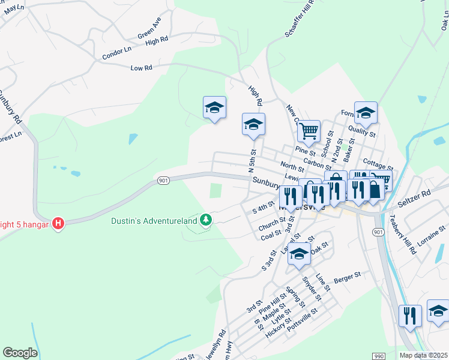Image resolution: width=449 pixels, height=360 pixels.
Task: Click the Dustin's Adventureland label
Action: tap(154, 221)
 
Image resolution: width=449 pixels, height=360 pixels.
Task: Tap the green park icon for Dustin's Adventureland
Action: tap(206, 221)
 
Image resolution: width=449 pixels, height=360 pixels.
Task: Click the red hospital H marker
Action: tap(58, 224)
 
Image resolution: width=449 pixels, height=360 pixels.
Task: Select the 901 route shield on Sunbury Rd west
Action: tap(163, 180)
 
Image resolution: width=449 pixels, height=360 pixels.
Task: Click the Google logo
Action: tap(20, 353)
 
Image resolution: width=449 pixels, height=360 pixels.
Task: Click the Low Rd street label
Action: tap(141, 68)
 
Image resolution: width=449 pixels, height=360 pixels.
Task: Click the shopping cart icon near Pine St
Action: tap(309, 131)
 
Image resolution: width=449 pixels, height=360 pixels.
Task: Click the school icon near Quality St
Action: tap(366, 112)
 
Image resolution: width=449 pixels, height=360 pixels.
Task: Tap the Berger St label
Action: tap(348, 275)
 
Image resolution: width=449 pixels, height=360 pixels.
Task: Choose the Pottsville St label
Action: tap(302, 324)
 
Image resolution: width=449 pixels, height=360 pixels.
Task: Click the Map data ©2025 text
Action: tap(423, 355)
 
